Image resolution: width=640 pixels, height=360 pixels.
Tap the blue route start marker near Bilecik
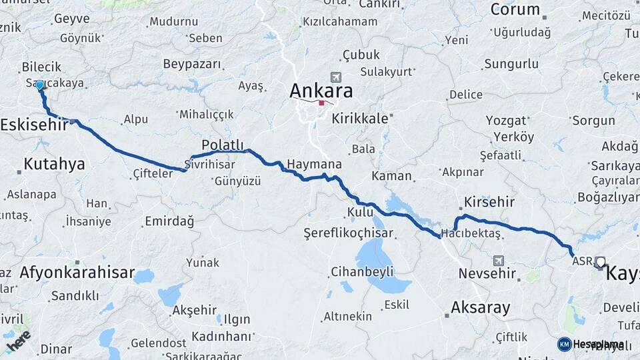(40, 85)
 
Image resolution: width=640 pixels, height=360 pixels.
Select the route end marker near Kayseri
(600, 262)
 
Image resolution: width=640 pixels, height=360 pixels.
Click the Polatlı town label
(223, 145)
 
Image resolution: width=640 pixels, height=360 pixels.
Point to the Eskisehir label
(33, 125)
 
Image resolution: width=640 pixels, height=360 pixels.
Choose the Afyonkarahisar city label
(77, 273)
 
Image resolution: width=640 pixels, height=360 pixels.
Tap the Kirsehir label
(491, 202)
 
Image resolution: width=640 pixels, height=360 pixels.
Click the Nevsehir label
(487, 273)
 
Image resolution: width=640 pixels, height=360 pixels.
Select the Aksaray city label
(481, 307)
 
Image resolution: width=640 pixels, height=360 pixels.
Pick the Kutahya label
(54, 163)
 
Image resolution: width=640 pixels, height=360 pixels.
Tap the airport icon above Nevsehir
(499, 261)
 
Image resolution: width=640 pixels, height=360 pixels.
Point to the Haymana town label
(314, 164)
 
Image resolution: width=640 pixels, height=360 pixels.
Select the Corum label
(515, 9)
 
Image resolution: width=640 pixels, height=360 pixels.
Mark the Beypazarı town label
(192, 64)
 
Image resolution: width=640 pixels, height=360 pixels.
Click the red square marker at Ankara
(321, 103)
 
